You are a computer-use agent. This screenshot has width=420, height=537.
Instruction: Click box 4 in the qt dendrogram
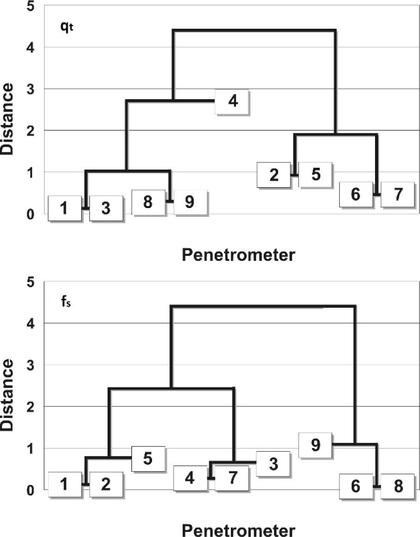pos(233,101)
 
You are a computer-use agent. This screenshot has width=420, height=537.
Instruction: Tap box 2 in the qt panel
pos(274,175)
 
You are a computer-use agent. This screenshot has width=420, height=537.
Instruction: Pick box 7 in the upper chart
pos(397,195)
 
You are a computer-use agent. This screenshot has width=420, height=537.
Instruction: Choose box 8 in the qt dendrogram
pos(148,202)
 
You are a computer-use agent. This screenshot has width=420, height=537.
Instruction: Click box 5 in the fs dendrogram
pos(148,458)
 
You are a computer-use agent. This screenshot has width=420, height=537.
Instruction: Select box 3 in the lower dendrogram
pos(273,463)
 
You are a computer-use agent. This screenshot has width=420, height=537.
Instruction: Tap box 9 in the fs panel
pos(316,445)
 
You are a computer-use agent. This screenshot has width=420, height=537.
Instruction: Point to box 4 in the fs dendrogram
pos(190,478)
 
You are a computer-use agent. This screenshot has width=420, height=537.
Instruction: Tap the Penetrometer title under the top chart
pos(238,254)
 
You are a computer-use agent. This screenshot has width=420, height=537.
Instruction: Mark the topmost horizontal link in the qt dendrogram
pos(254,31)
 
